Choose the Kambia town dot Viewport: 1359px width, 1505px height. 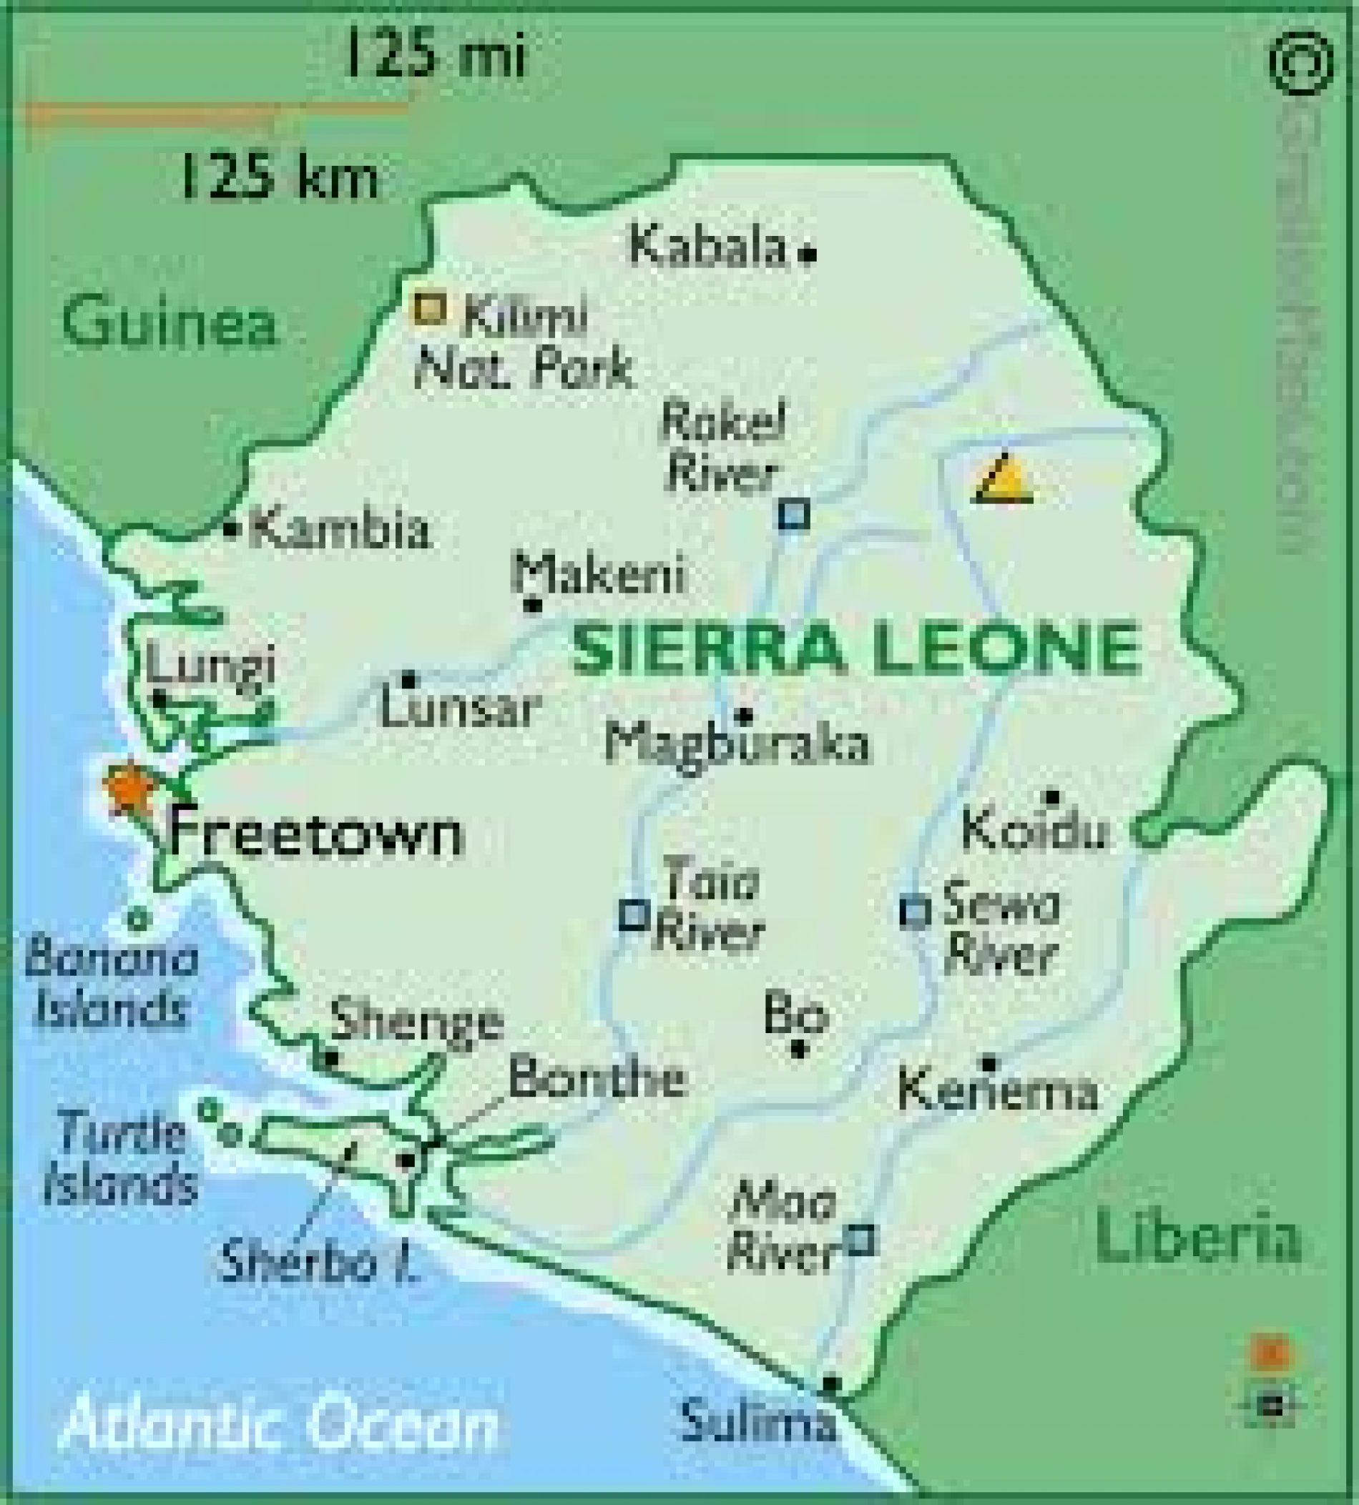231,528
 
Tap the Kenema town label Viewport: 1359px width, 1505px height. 998,1090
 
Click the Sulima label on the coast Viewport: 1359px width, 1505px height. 758,1422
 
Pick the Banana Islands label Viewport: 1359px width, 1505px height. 112,985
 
